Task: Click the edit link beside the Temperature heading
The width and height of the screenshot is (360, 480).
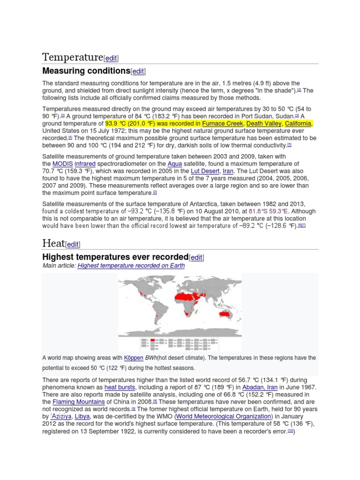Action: (x=111, y=59)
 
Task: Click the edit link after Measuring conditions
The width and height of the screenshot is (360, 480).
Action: (x=138, y=71)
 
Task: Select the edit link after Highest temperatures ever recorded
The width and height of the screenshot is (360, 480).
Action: (x=197, y=257)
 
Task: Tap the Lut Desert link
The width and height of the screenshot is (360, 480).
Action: (x=205, y=172)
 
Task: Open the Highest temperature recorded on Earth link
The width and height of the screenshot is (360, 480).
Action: (x=131, y=266)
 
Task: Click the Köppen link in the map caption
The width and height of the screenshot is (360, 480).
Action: (x=134, y=358)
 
